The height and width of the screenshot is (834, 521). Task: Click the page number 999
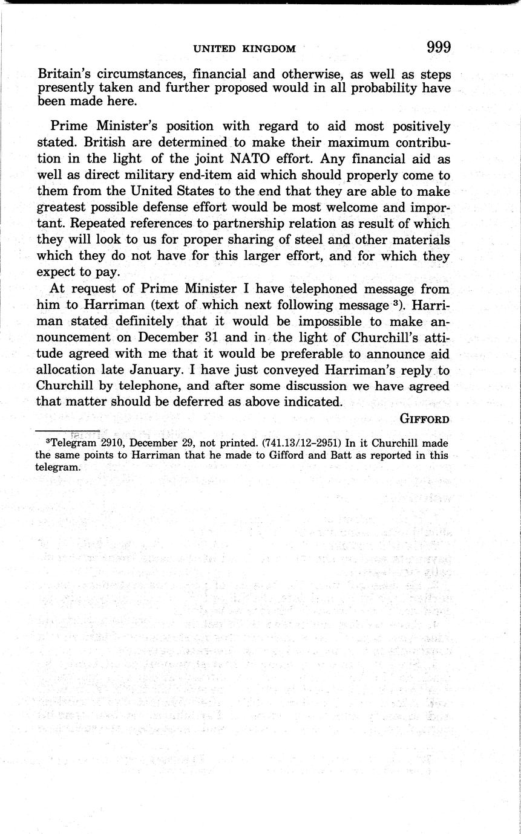tap(438, 48)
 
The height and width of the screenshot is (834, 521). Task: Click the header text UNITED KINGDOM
tap(244, 49)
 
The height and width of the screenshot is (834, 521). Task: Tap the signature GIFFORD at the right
tap(425, 419)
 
